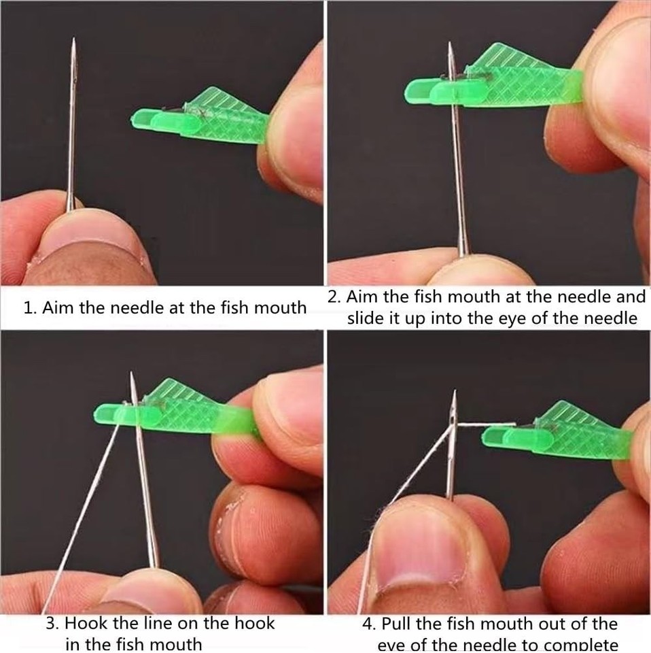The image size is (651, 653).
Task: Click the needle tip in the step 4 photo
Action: point(454,393)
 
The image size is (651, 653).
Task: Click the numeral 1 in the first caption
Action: point(28,308)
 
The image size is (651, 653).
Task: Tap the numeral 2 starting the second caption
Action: point(332,297)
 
